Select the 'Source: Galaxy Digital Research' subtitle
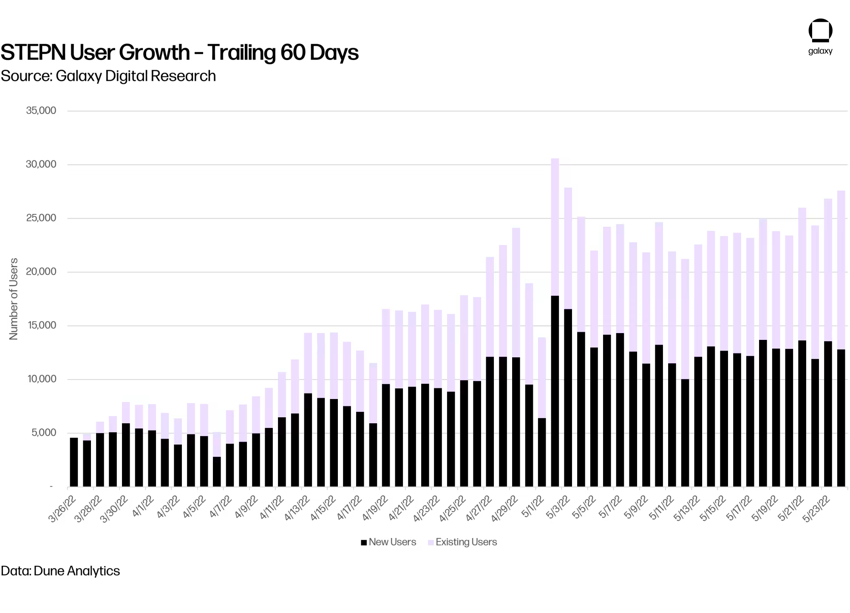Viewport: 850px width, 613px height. (x=108, y=76)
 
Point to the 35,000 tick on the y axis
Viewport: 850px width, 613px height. (x=41, y=111)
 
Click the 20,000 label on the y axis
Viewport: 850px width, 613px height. (x=41, y=271)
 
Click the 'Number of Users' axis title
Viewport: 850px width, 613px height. (x=14, y=299)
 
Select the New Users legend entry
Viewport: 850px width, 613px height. (x=388, y=542)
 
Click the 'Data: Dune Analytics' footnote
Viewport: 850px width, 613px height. (x=60, y=571)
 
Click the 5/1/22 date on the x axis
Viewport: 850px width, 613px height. (x=533, y=507)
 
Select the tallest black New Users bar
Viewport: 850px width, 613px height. (x=555, y=391)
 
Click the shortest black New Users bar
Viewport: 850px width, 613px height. (x=217, y=472)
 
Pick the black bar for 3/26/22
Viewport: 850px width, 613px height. (x=74, y=462)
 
